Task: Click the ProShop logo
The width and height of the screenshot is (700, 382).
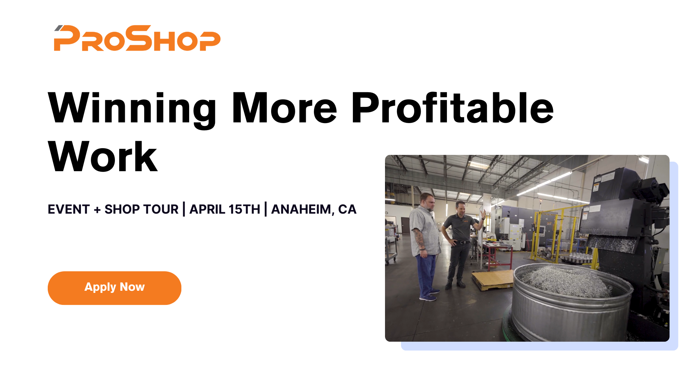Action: pos(137,38)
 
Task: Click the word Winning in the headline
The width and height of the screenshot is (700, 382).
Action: pos(132,108)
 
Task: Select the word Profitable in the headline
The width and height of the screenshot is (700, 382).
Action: pos(452,108)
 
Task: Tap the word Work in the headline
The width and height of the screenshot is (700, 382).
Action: pos(103,156)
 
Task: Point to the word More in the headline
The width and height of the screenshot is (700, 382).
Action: pos(284,108)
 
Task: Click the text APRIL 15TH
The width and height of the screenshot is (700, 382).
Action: pos(225,209)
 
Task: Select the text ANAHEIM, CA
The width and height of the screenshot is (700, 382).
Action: pos(314,209)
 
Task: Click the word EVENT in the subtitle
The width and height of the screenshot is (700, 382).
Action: pos(69,209)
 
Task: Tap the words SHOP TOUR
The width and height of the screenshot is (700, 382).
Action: pos(141,209)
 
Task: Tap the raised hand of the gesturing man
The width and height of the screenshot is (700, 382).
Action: pos(483,214)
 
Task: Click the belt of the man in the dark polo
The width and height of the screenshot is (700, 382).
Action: pos(461,242)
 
